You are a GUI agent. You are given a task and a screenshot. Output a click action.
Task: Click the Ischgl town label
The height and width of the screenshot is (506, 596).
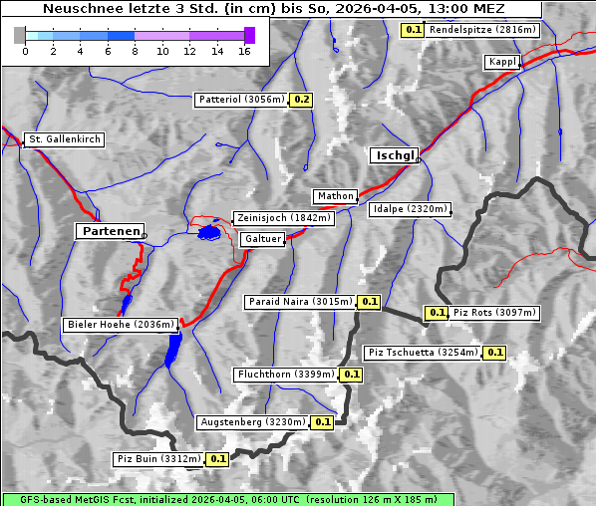(x=394, y=155)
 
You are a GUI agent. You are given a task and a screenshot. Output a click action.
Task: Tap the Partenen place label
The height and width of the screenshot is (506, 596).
(x=110, y=230)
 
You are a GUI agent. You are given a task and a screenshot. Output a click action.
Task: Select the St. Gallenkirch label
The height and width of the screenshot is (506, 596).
(x=65, y=139)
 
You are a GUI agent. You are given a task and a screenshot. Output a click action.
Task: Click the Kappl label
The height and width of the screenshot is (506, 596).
(x=502, y=62)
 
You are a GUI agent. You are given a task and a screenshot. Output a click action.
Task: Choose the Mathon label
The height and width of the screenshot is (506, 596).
(x=335, y=196)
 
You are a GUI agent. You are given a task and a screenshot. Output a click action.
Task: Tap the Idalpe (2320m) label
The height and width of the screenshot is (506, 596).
(x=410, y=210)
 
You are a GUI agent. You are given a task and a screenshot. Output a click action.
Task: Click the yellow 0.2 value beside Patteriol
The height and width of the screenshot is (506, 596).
(x=302, y=100)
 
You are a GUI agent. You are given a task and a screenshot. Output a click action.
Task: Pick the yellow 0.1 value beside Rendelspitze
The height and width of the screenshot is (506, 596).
(x=413, y=30)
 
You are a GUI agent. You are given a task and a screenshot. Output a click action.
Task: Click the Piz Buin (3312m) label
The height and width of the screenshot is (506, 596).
(x=158, y=459)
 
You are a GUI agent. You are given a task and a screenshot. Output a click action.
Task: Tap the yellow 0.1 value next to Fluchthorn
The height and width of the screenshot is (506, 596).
(x=351, y=375)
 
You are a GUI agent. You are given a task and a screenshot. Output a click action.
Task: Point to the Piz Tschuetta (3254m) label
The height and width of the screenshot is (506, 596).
(x=424, y=353)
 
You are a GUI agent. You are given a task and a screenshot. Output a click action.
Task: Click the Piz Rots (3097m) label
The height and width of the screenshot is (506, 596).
(x=493, y=313)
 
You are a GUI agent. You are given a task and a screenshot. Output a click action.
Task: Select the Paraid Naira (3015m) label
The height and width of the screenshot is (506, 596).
(x=300, y=301)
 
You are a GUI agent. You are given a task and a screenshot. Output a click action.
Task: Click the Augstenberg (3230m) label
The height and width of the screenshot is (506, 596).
(x=253, y=422)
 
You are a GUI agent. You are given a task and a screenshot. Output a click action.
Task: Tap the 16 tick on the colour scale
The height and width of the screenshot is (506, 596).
(x=244, y=50)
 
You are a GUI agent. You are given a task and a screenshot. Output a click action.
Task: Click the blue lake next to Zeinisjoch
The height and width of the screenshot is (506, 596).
(x=209, y=233)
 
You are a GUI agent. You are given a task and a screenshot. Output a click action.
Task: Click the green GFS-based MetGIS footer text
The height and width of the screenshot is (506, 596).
(x=228, y=499)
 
